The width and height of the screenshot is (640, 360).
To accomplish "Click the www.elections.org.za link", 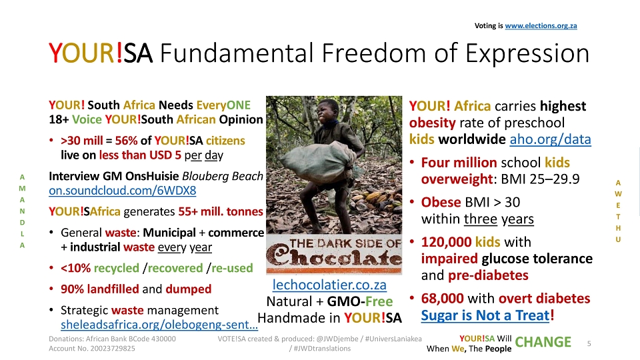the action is click(541, 26).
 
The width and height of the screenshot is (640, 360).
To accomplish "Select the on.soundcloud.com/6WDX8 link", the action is click(123, 191).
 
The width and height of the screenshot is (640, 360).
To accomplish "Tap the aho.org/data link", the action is click(550, 139).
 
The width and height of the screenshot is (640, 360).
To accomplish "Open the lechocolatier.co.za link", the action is click(329, 285).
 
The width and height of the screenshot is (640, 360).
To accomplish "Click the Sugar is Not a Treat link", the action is click(485, 315).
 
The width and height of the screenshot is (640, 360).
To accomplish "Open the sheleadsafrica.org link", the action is click(159, 325).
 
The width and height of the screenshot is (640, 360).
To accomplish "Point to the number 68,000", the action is click(443, 299).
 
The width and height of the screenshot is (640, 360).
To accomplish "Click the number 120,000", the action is click(446, 242).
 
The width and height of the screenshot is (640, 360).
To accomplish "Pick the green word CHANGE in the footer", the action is click(543, 342).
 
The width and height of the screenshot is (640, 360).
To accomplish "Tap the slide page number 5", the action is click(589, 344).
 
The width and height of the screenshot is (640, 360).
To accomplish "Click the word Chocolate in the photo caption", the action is click(334, 258).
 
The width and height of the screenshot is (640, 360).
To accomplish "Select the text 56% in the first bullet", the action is click(126, 141).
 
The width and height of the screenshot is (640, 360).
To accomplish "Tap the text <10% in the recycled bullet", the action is click(75, 268).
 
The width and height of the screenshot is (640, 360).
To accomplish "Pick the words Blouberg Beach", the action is click(223, 176).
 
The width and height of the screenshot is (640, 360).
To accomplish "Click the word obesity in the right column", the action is click(432, 123).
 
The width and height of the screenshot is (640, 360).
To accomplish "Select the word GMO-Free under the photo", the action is click(360, 301).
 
